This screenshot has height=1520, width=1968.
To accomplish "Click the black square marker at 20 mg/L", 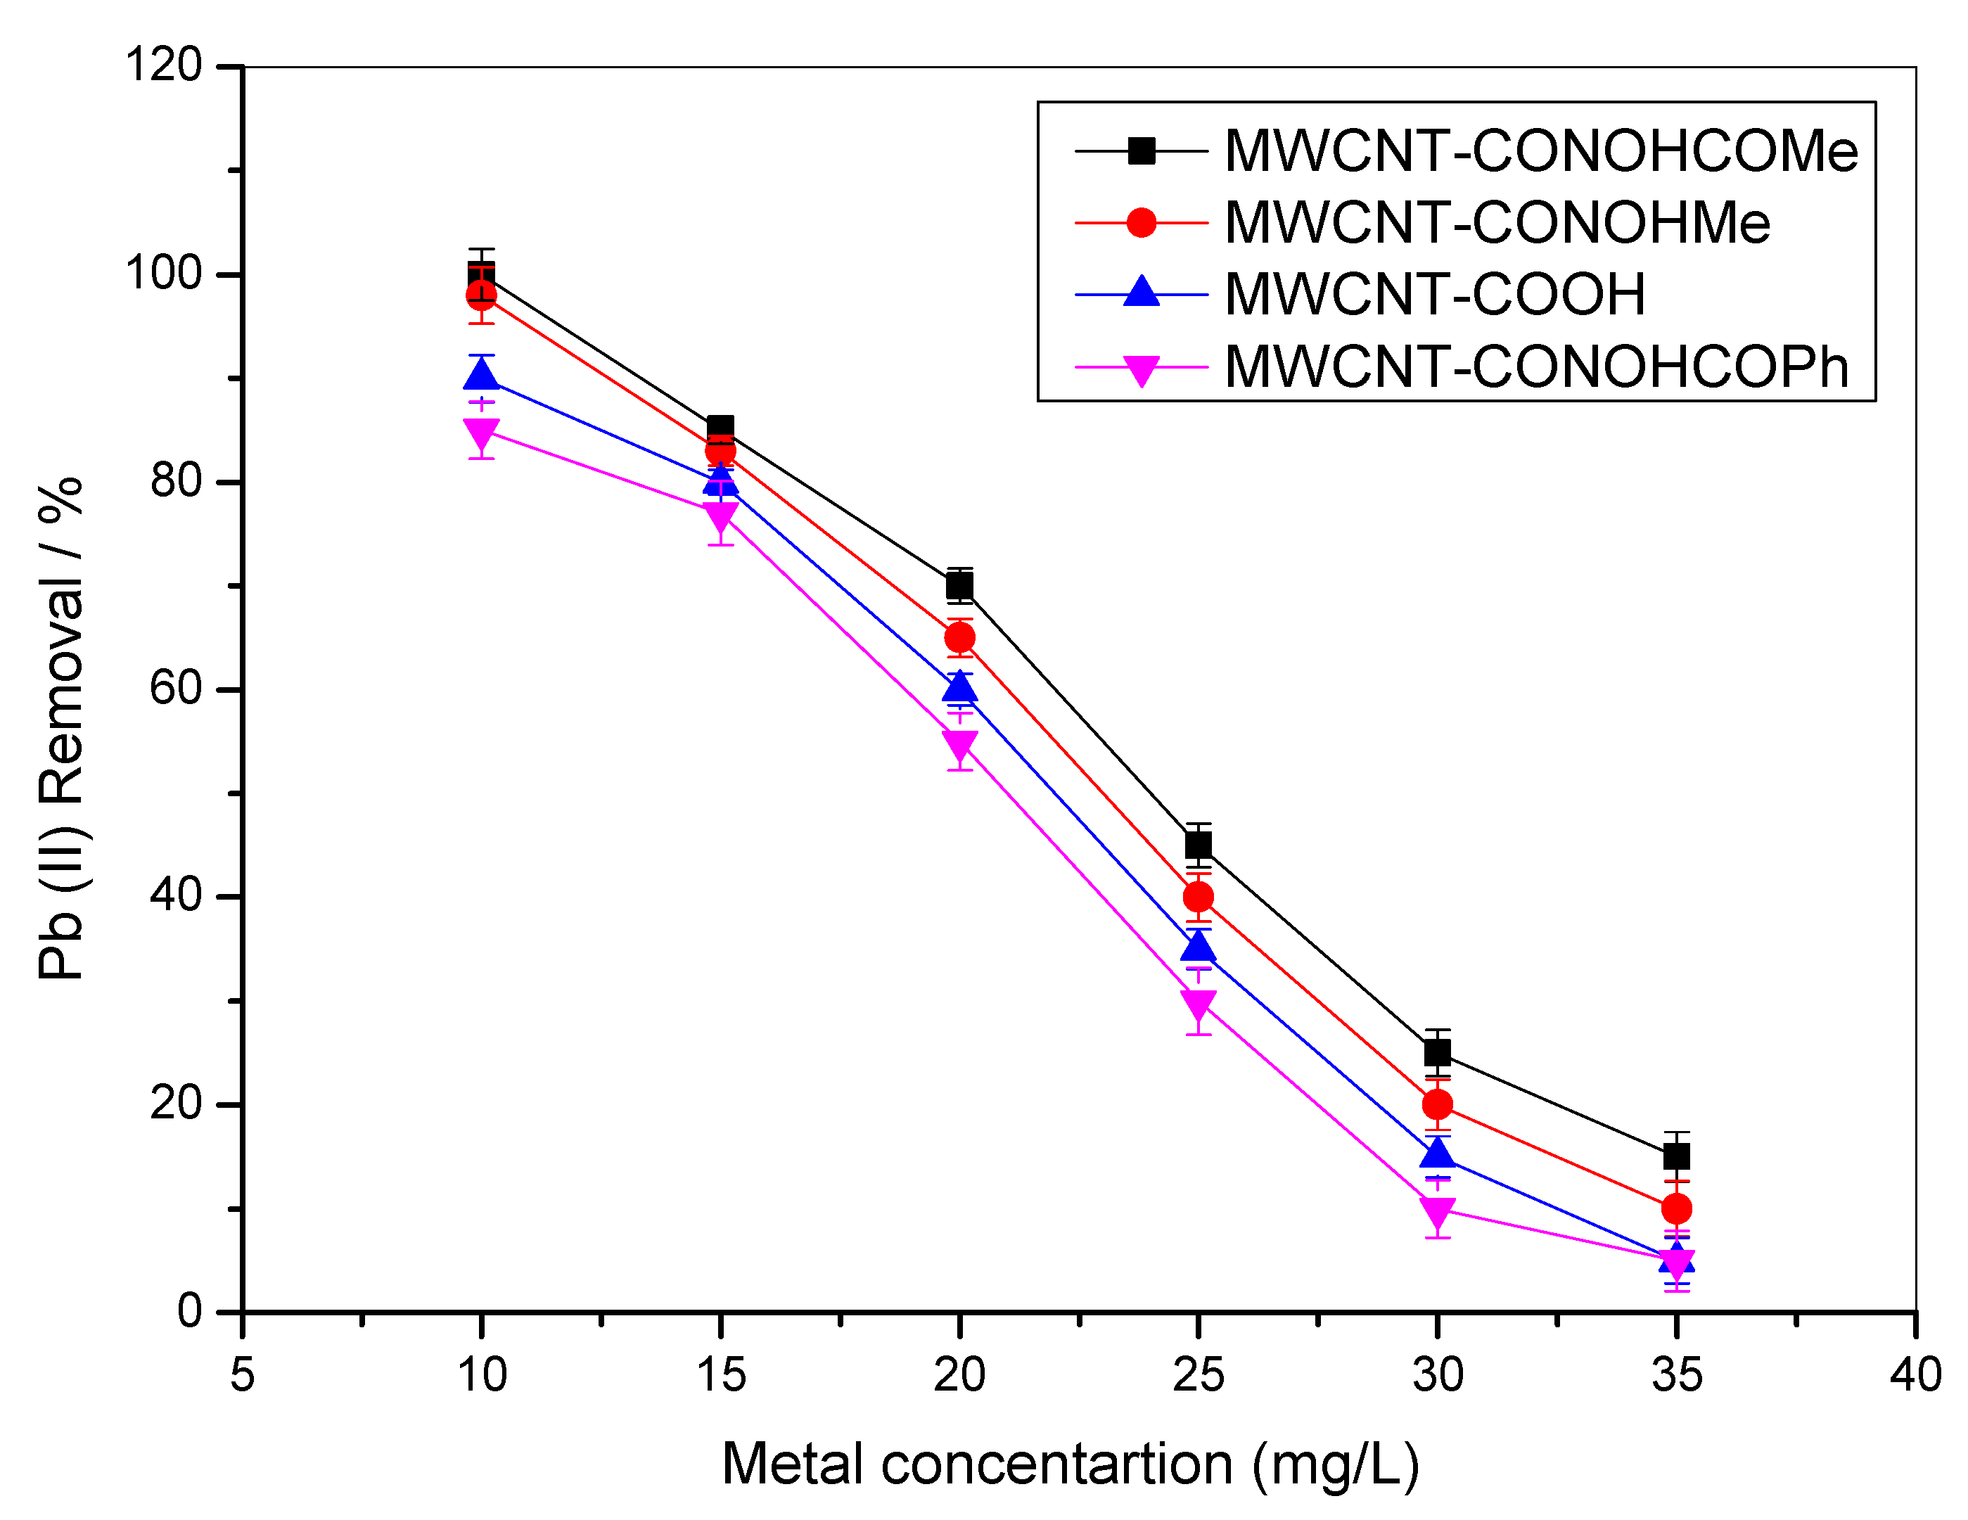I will (x=959, y=587).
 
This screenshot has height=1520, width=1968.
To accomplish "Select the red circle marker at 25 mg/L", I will (x=1199, y=897).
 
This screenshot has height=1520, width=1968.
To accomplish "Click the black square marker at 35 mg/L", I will (x=1676, y=1156).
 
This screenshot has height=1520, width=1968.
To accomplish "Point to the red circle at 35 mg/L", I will (x=1676, y=1208).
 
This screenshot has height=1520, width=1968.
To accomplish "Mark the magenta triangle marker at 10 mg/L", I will (x=481, y=433).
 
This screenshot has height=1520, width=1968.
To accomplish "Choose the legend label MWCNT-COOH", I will (x=1435, y=295).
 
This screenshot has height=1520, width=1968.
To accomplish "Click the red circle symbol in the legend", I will (x=1142, y=222).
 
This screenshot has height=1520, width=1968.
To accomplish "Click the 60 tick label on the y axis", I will (x=176, y=689).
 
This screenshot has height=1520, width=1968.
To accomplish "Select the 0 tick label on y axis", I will (x=189, y=1311).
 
